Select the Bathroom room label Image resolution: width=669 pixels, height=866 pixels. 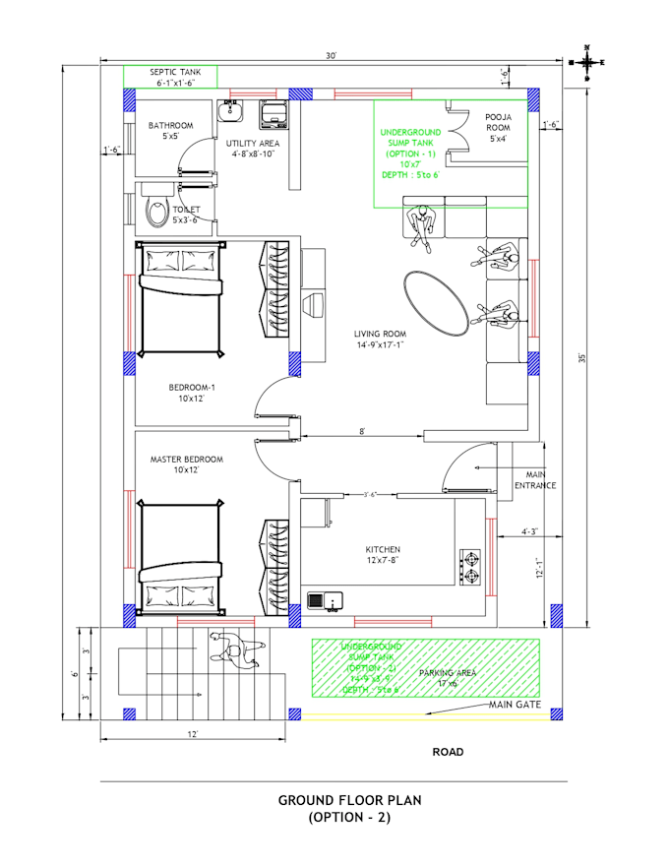(170, 131)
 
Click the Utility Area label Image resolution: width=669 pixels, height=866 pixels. (253, 149)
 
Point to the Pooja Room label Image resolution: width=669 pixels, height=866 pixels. (498, 128)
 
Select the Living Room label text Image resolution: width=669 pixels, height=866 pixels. (380, 340)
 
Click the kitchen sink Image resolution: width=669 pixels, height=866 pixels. (324, 598)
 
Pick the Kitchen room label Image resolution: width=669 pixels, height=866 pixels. (383, 554)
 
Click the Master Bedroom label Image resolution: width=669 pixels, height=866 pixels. (186, 464)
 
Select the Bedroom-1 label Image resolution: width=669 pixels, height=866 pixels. (191, 394)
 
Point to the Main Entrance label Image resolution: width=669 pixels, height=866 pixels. (535, 480)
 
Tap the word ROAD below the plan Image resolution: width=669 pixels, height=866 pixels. (448, 752)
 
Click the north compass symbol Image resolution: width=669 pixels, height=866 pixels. (587, 62)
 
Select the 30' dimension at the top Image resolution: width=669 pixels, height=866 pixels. (332, 56)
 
